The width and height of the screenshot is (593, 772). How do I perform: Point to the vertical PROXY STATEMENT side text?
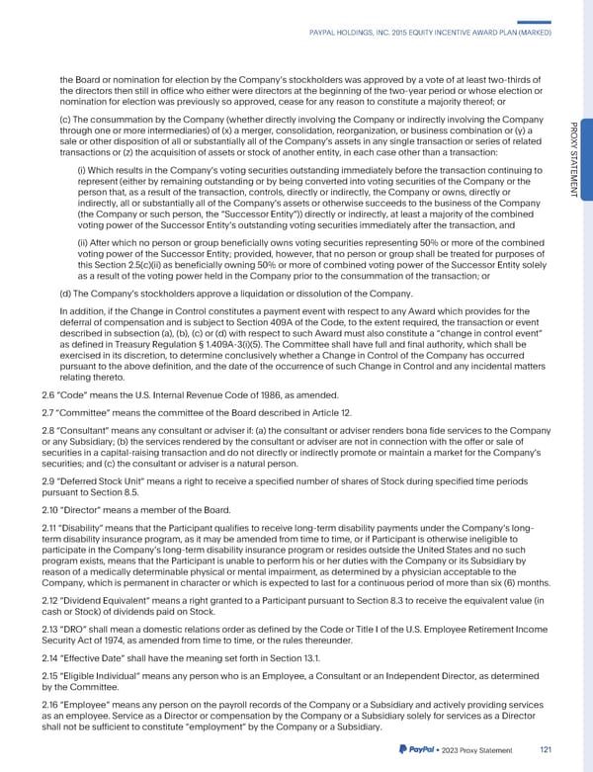tap(570, 158)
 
